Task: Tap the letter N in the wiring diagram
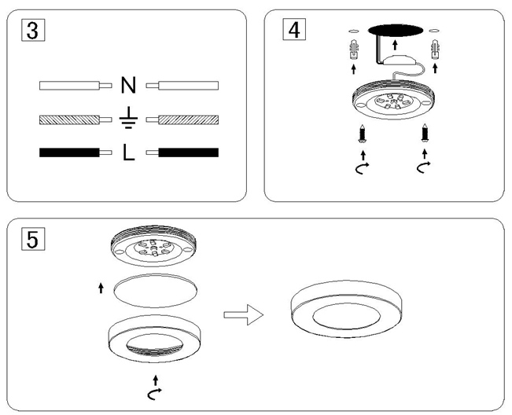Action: tap(129, 85)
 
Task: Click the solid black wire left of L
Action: tap(68, 152)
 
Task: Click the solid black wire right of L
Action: tap(189, 152)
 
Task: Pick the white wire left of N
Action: tap(68, 85)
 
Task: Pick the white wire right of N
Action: tap(189, 85)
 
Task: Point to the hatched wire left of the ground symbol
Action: tap(68, 120)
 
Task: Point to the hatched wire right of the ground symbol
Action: tap(189, 120)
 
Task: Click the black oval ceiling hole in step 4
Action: tap(394, 30)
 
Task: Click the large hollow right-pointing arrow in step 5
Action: tap(241, 315)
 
